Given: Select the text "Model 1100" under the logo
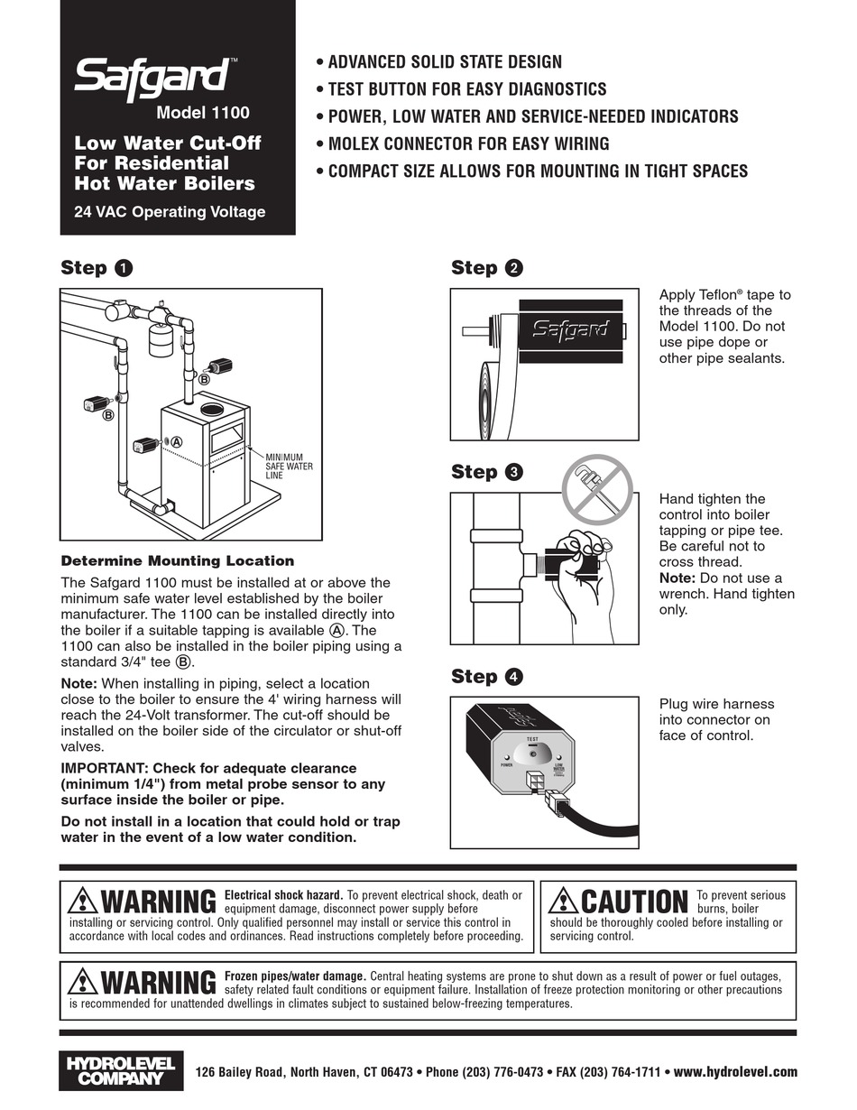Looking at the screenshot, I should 202,114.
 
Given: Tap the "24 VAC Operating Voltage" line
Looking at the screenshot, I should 170,212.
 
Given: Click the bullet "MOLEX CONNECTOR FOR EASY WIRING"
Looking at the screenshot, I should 467,143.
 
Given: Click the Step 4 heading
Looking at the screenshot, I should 486,677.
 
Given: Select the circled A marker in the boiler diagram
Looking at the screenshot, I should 177,442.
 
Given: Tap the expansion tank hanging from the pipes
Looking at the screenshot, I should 162,340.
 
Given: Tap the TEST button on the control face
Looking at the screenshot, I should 532,753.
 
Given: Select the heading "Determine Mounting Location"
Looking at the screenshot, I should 177,560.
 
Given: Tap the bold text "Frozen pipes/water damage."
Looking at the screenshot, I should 295,976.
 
